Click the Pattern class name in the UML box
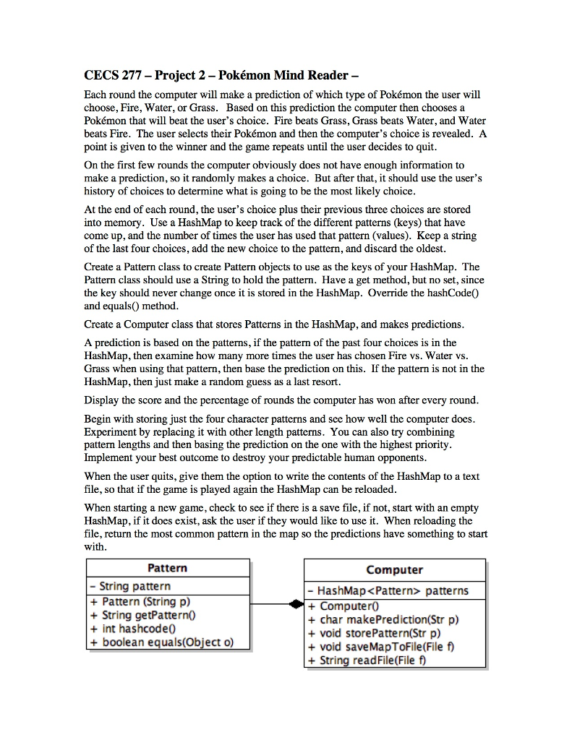tap(167, 569)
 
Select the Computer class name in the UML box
tap(394, 570)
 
